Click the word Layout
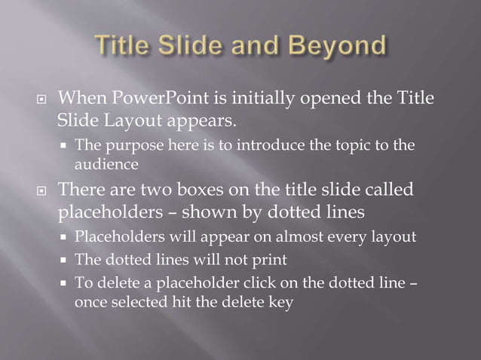pyautogui.click(x=130, y=121)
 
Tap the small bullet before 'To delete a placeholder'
pyautogui.click(x=65, y=284)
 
